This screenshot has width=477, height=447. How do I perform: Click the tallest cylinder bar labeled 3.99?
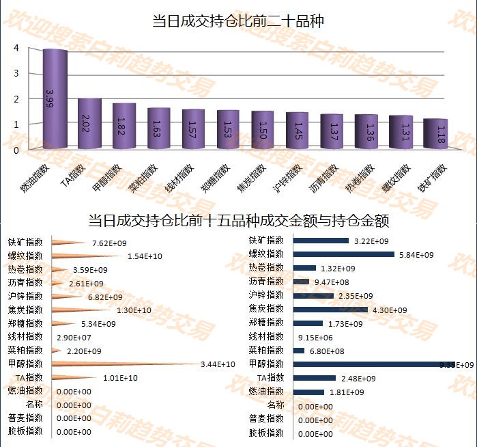[55, 99]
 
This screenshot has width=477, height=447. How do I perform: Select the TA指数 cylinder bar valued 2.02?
[89, 124]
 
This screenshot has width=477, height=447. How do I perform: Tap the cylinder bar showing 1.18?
[435, 134]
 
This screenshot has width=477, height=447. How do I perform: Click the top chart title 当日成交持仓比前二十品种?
[238, 21]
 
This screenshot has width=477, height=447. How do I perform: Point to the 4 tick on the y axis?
[16, 48]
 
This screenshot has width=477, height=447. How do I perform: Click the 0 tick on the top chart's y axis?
[16, 149]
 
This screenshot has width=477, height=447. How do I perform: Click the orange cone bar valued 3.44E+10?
[123, 364]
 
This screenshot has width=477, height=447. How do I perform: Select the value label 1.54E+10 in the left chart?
[145, 256]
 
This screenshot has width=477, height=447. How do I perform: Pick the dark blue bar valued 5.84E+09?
[344, 254]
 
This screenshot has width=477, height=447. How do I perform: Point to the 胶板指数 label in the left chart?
[25, 432]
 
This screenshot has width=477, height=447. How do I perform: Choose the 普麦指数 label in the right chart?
[266, 419]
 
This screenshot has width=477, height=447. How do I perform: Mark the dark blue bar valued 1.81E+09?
[308, 392]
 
